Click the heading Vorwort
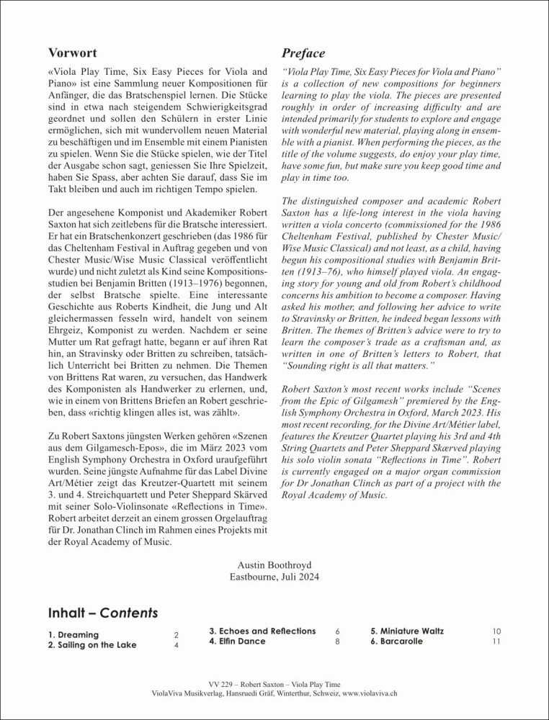pyautogui.click(x=72, y=53)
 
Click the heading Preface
pyautogui.click(x=303, y=53)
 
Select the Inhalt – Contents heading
pyautogui.click(x=102, y=614)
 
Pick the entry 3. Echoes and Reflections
pyautogui.click(x=262, y=631)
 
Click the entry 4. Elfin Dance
pyautogui.click(x=237, y=641)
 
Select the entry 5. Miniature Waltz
pyautogui.click(x=407, y=631)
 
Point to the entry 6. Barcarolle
pyautogui.click(x=396, y=641)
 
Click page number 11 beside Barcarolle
pyautogui.click(x=496, y=642)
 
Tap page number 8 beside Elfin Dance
pyautogui.click(x=338, y=642)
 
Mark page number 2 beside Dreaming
pyautogui.click(x=176, y=635)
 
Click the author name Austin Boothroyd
pyautogui.click(x=274, y=564)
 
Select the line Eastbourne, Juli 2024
pyautogui.click(x=274, y=576)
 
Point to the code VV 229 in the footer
pyautogui.click(x=221, y=683)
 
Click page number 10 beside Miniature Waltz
pyautogui.click(x=496, y=631)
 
